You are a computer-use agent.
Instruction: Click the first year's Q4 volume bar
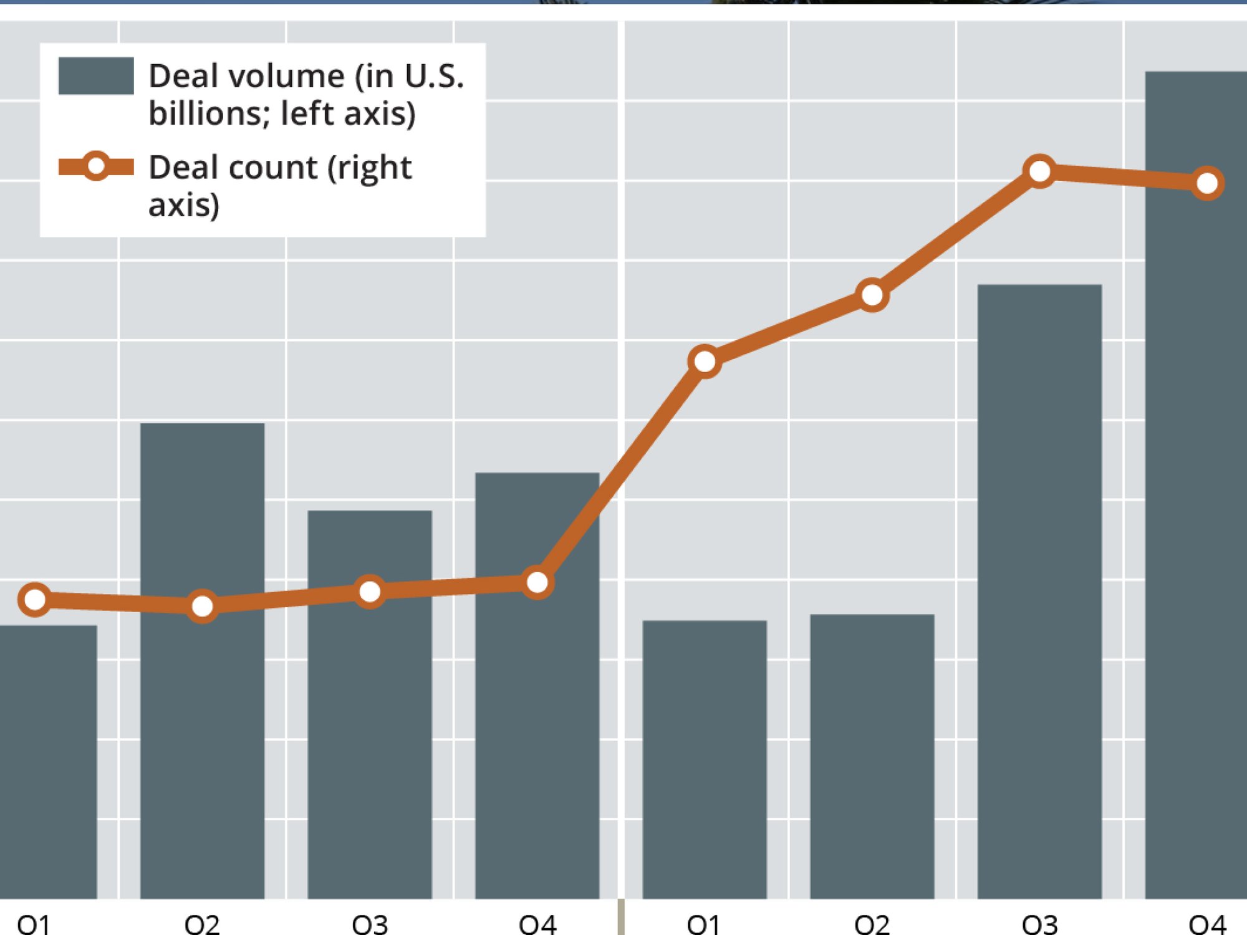click(x=537, y=717)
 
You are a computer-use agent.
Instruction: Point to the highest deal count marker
click(x=1039, y=171)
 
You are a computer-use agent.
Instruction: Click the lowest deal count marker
click(x=202, y=605)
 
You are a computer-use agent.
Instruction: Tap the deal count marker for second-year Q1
click(x=705, y=361)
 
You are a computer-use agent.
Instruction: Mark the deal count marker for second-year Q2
click(x=872, y=295)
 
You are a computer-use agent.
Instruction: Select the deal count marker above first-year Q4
click(x=537, y=583)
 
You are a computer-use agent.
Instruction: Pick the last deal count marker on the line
click(x=1207, y=183)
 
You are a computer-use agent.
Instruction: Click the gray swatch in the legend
click(x=96, y=76)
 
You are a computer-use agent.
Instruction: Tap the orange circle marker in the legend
click(x=96, y=166)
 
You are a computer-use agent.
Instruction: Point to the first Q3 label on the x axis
click(x=370, y=924)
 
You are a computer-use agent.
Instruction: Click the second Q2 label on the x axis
click(x=872, y=924)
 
